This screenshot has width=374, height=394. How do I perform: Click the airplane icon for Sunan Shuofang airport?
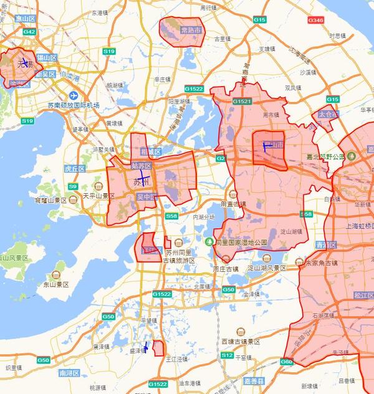[x=74, y=95]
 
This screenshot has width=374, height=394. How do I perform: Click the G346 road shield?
[x=315, y=20]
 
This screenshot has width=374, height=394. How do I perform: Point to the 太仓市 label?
[x=327, y=115]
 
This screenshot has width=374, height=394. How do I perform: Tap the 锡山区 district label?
[x=46, y=57]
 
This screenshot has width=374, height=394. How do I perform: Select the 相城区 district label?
[x=150, y=151]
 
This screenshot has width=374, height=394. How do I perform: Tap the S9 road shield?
[x=73, y=186]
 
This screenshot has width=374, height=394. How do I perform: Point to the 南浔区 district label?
[x=67, y=373]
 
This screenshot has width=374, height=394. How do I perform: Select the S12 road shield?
[x=227, y=355]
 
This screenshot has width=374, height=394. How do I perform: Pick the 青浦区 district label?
[x=323, y=245]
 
